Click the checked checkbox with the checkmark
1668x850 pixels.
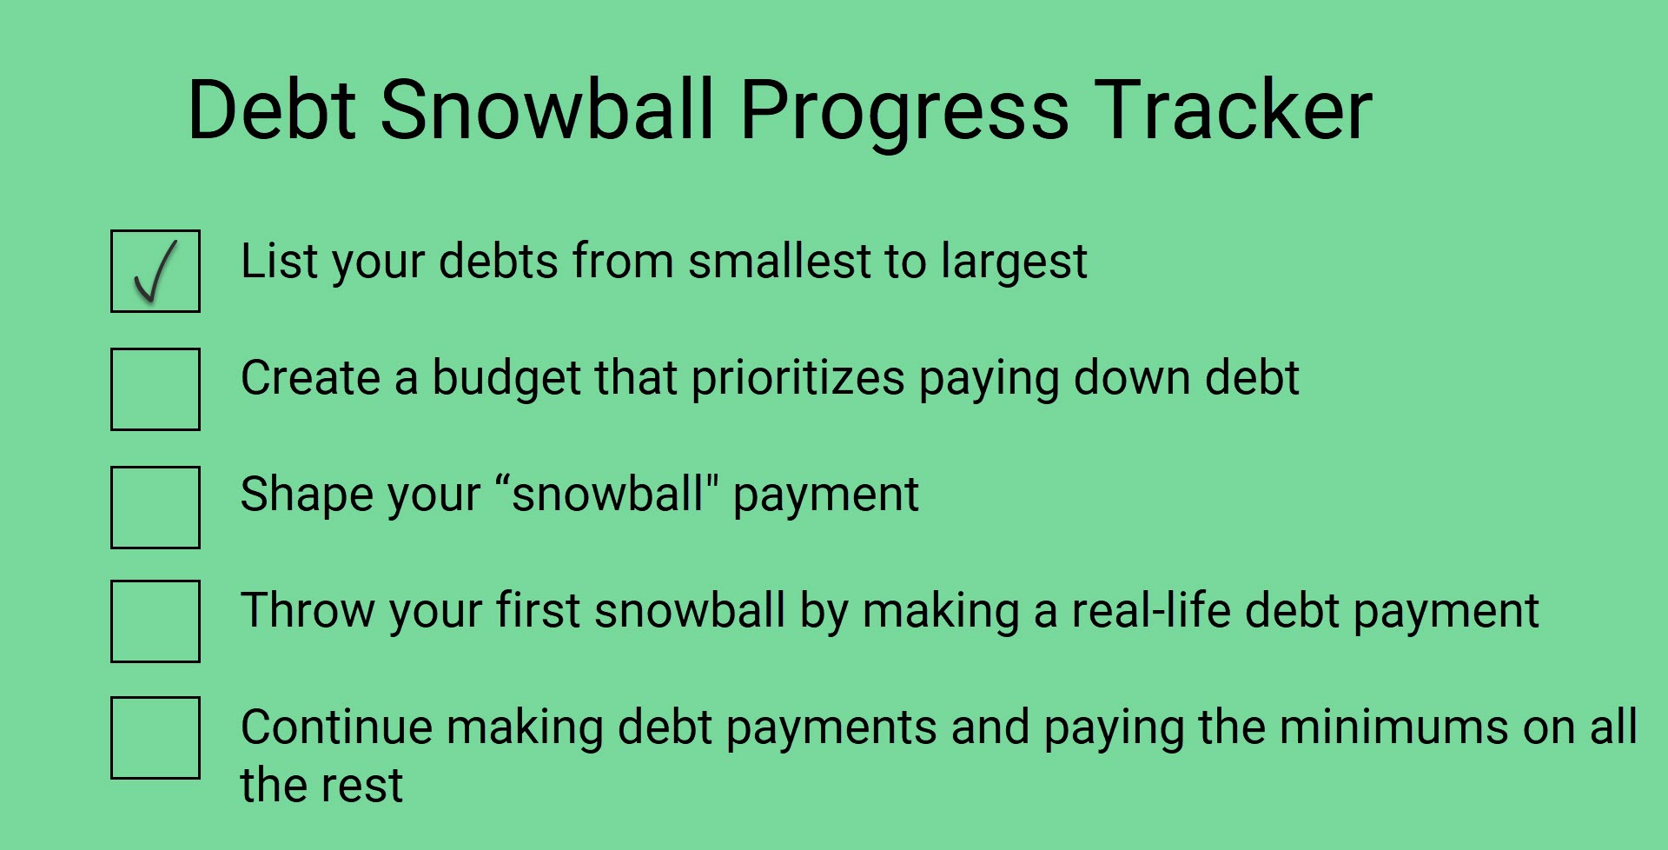coord(156,271)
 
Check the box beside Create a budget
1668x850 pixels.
coord(156,389)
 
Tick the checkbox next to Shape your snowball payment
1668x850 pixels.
coord(156,508)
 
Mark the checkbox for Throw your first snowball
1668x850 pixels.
coord(156,621)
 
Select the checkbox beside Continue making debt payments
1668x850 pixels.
coord(156,738)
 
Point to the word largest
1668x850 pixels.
coord(1020,263)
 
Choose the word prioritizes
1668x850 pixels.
coord(798,380)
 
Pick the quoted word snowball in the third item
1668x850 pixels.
coord(607,494)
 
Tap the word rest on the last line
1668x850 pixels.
coord(362,786)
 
